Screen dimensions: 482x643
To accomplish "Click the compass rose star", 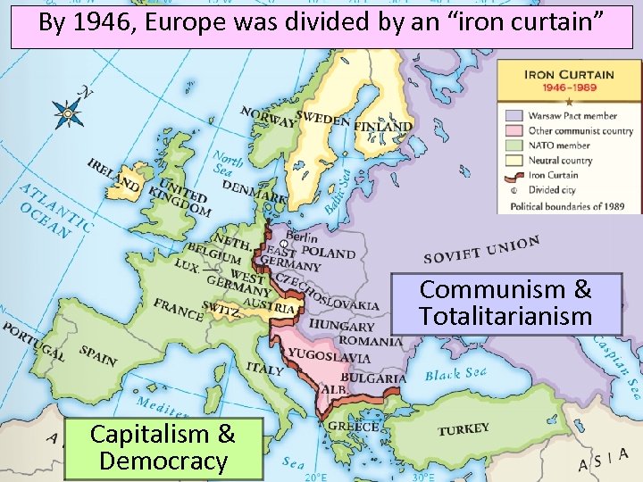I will pyautogui.click(x=67, y=113).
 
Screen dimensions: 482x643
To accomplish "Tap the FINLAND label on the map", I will pyautogui.click(x=383, y=128).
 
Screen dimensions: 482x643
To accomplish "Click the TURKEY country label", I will pyautogui.click(x=463, y=430).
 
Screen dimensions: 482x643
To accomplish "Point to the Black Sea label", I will pyautogui.click(x=456, y=373).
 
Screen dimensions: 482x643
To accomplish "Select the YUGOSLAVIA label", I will pyautogui.click(x=329, y=357).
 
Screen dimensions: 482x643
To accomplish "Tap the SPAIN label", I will pyautogui.click(x=97, y=354).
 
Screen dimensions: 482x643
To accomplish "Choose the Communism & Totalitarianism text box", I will pyautogui.click(x=505, y=303).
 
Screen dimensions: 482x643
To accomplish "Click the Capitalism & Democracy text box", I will pyautogui.click(x=163, y=448).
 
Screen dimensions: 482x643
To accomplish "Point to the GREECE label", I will pyautogui.click(x=353, y=426).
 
